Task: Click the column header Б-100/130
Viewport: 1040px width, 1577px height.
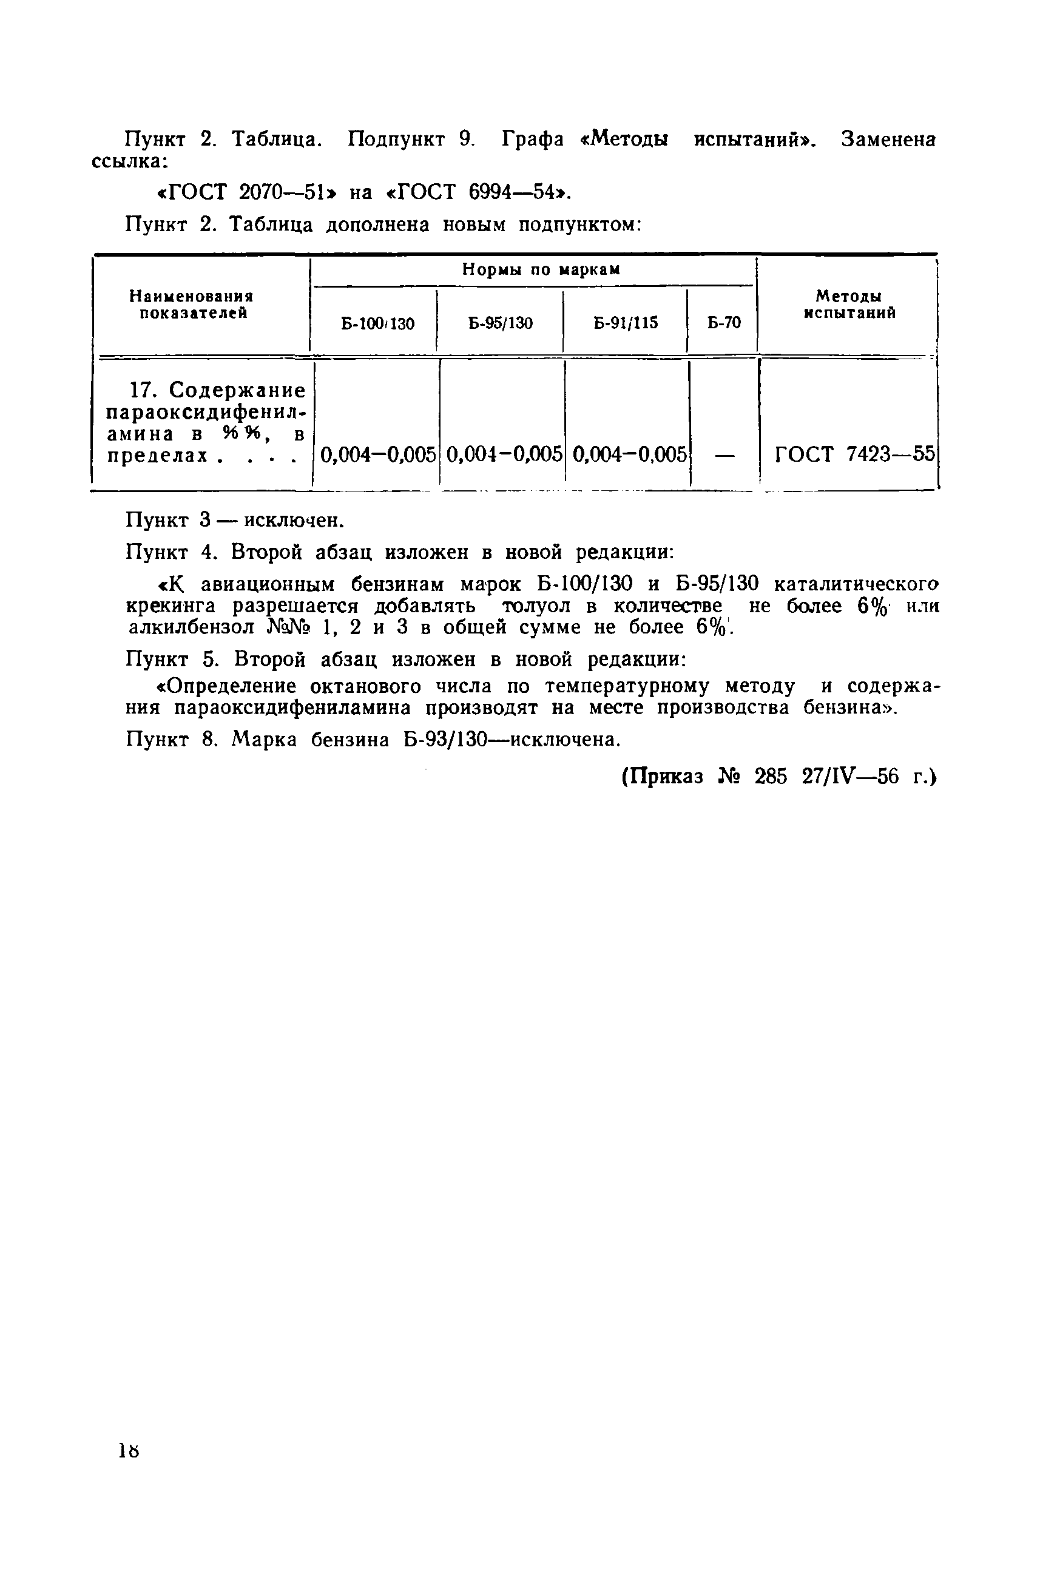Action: click(377, 323)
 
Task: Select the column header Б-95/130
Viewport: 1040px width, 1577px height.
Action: click(500, 323)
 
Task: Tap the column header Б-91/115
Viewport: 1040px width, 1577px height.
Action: click(626, 323)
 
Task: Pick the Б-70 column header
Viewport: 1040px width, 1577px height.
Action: click(724, 323)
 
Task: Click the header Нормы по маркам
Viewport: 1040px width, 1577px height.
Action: click(541, 270)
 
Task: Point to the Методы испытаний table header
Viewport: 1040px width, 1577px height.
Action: click(849, 305)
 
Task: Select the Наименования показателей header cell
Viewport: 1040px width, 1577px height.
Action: click(192, 305)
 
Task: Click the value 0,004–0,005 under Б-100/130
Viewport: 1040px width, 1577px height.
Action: click(378, 455)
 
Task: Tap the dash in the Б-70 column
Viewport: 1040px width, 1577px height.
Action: click(725, 456)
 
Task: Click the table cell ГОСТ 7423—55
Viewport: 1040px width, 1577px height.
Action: click(854, 455)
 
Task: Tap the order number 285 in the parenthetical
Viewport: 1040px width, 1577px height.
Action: click(770, 777)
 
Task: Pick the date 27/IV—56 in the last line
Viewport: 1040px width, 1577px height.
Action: click(853, 777)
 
